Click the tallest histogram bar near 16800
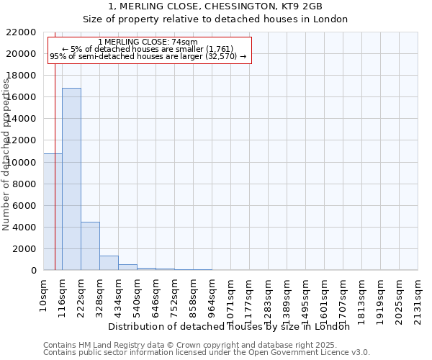pyautogui.click(x=71, y=179)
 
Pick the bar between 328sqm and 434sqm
pyautogui.click(x=109, y=263)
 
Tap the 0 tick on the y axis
pyautogui.click(x=34, y=271)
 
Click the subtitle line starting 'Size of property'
pyautogui.click(x=215, y=19)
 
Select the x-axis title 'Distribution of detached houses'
pyautogui.click(x=233, y=326)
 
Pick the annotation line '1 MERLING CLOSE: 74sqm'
pyautogui.click(x=148, y=42)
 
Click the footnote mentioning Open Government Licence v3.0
pyautogui.click(x=207, y=353)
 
